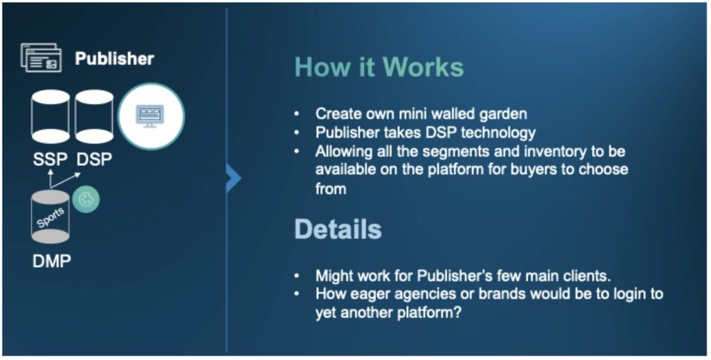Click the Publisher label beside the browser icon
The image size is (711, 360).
tap(115, 59)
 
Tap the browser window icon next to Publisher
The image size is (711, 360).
tap(41, 57)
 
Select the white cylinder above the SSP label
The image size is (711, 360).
tap(50, 116)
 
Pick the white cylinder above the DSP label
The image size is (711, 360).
tap(94, 116)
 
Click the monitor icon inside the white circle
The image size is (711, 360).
tap(150, 116)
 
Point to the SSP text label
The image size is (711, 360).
tap(50, 159)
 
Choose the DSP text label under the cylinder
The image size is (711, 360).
tap(94, 159)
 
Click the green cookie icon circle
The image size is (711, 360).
tap(86, 199)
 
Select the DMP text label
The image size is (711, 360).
tap(52, 261)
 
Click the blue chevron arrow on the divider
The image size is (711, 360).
tap(234, 178)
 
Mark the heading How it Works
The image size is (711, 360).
tap(379, 67)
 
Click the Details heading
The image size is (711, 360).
tap(338, 229)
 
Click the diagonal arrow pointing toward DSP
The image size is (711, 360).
tap(65, 180)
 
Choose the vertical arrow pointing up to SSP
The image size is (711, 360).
tap(50, 178)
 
